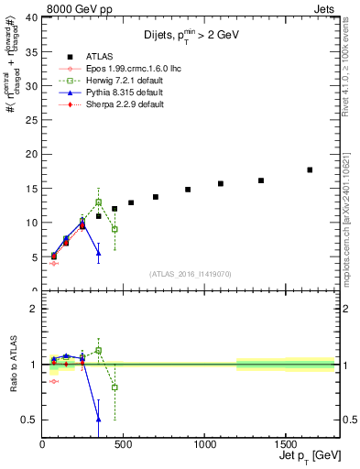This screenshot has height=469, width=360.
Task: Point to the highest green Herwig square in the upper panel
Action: [x=98, y=202]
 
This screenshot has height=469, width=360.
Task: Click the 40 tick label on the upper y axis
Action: [x=31, y=17]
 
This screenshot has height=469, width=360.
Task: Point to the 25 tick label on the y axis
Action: [x=31, y=120]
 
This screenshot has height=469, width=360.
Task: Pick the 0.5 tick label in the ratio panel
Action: [x=29, y=420]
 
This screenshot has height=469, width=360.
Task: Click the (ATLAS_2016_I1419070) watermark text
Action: [x=190, y=274]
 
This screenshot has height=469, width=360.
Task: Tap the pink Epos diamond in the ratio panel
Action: [x=53, y=382]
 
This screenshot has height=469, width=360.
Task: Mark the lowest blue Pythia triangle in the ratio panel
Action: [x=98, y=420]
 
